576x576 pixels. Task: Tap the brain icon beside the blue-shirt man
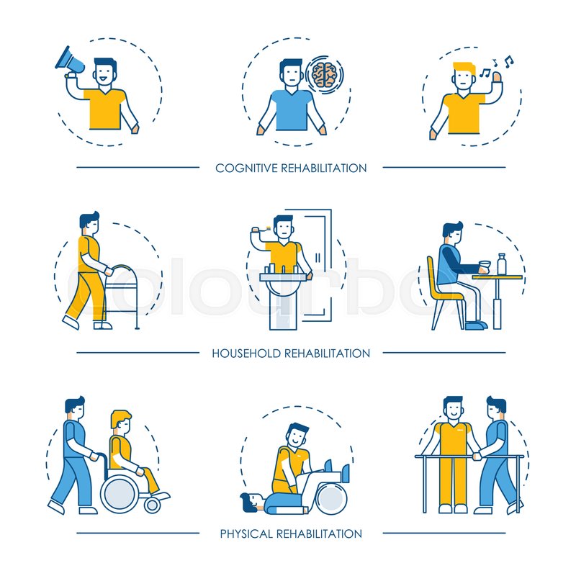pyautogui.click(x=324, y=74)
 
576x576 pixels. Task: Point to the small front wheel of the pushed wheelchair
pyautogui.click(x=152, y=505)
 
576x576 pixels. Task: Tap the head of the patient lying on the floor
pyautogui.click(x=251, y=500)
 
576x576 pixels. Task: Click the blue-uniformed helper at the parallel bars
pyautogui.click(x=496, y=454)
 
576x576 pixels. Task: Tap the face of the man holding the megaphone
pyautogui.click(x=105, y=72)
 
